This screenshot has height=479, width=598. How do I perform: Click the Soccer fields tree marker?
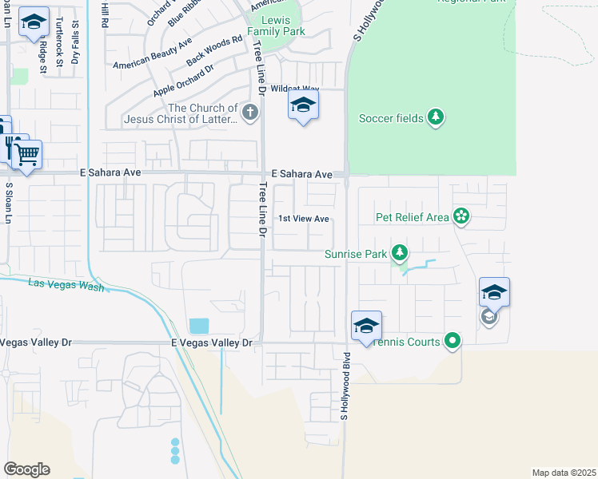click(435, 118)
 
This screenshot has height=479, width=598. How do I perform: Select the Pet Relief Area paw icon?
click(460, 216)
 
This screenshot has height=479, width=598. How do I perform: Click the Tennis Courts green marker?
click(452, 342)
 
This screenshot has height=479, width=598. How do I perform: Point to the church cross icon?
click(251, 113)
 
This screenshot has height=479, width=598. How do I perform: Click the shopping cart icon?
click(27, 154)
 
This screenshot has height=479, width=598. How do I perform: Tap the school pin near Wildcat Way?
click(303, 105)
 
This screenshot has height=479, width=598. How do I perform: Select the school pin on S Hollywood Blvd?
click(366, 326)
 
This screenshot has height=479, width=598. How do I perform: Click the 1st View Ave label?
click(303, 219)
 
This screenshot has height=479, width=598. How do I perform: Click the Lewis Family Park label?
click(276, 25)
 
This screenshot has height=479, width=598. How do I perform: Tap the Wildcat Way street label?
click(295, 89)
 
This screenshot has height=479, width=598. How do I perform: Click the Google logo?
click(26, 469)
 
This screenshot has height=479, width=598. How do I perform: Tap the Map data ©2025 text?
click(563, 472)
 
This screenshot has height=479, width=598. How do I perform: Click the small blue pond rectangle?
click(199, 326)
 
